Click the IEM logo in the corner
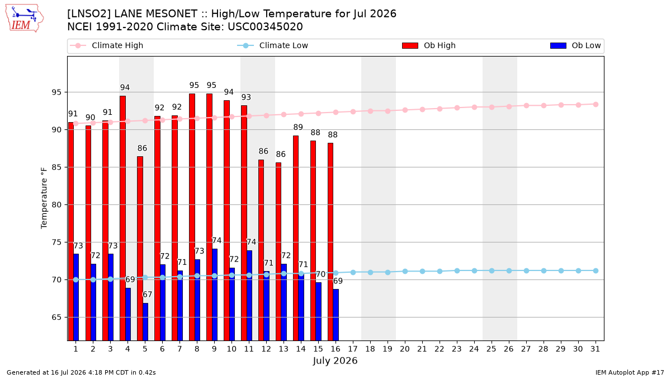click(25, 18)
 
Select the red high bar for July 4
click(122, 218)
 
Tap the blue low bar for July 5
click(145, 321)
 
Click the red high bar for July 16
click(330, 242)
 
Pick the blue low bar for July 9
click(215, 295)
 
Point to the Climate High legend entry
click(106, 45)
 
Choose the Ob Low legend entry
click(575, 45)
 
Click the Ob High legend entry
click(429, 45)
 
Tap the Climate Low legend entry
click(273, 45)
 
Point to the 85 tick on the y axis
click(56, 167)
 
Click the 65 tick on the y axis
click(56, 317)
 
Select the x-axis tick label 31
click(596, 349)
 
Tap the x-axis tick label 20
click(405, 349)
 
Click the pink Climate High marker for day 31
click(596, 104)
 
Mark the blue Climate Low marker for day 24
click(475, 270)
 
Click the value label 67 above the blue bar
click(147, 295)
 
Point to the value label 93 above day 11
click(246, 97)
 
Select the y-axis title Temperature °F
click(44, 198)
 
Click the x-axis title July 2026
click(335, 361)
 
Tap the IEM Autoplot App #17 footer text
click(630, 372)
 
